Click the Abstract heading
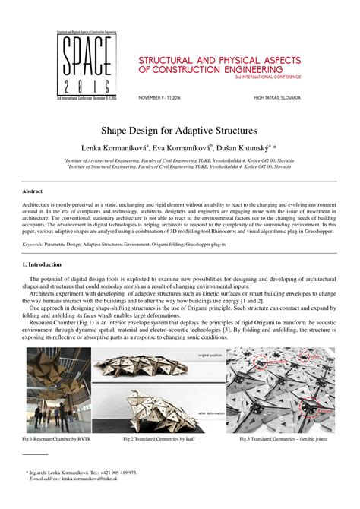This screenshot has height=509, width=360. [x=32, y=191]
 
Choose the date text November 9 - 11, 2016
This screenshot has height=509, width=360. [x=165, y=97]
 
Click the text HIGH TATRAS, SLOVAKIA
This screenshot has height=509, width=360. [x=277, y=97]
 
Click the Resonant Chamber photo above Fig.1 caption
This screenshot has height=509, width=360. [x=68, y=390]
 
